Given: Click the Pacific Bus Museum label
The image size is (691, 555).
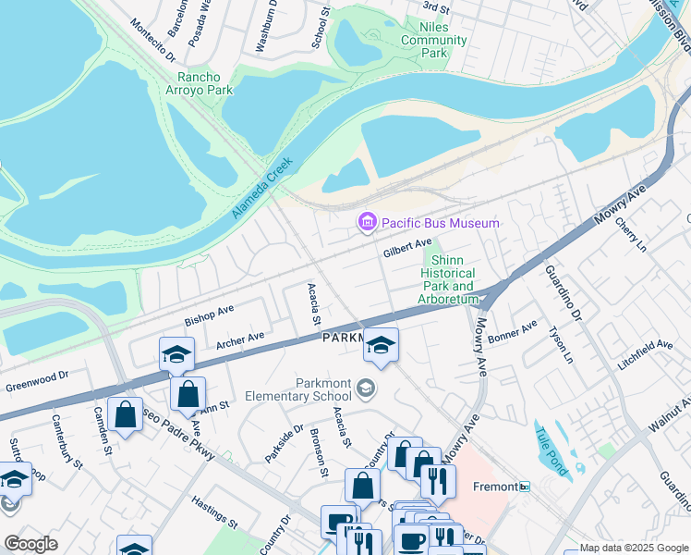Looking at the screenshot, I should point(440,223).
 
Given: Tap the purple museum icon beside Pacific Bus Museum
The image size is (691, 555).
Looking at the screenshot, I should point(367,223).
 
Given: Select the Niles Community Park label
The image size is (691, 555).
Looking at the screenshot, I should point(434,41).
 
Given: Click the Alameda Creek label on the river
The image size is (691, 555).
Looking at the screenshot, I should point(262,188).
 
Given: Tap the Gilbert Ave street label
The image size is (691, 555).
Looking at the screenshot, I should point(407,251).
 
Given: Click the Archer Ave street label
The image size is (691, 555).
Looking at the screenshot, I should point(240,340).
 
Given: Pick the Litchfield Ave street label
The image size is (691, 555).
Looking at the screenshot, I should point(646,351).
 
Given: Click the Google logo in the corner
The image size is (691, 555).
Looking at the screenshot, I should point(30,544).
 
